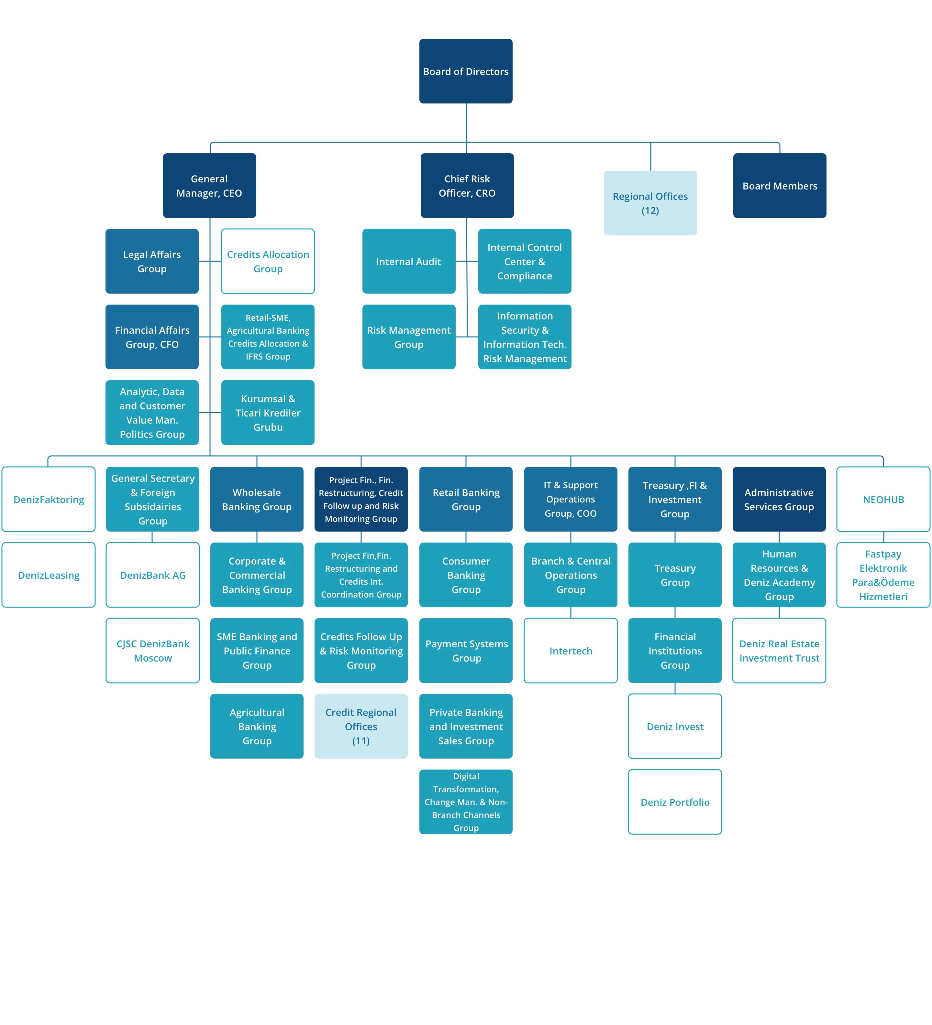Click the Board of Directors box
[465, 71]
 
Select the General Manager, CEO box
[209, 186]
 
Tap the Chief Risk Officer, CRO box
[467, 186]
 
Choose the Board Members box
[779, 186]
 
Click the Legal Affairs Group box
[151, 261]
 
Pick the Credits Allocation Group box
[268, 261]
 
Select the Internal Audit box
[408, 261]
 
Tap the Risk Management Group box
[408, 337]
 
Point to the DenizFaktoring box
[48, 499]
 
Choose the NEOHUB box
[883, 499]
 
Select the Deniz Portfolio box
[675, 802]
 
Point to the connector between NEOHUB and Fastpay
[883, 537]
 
